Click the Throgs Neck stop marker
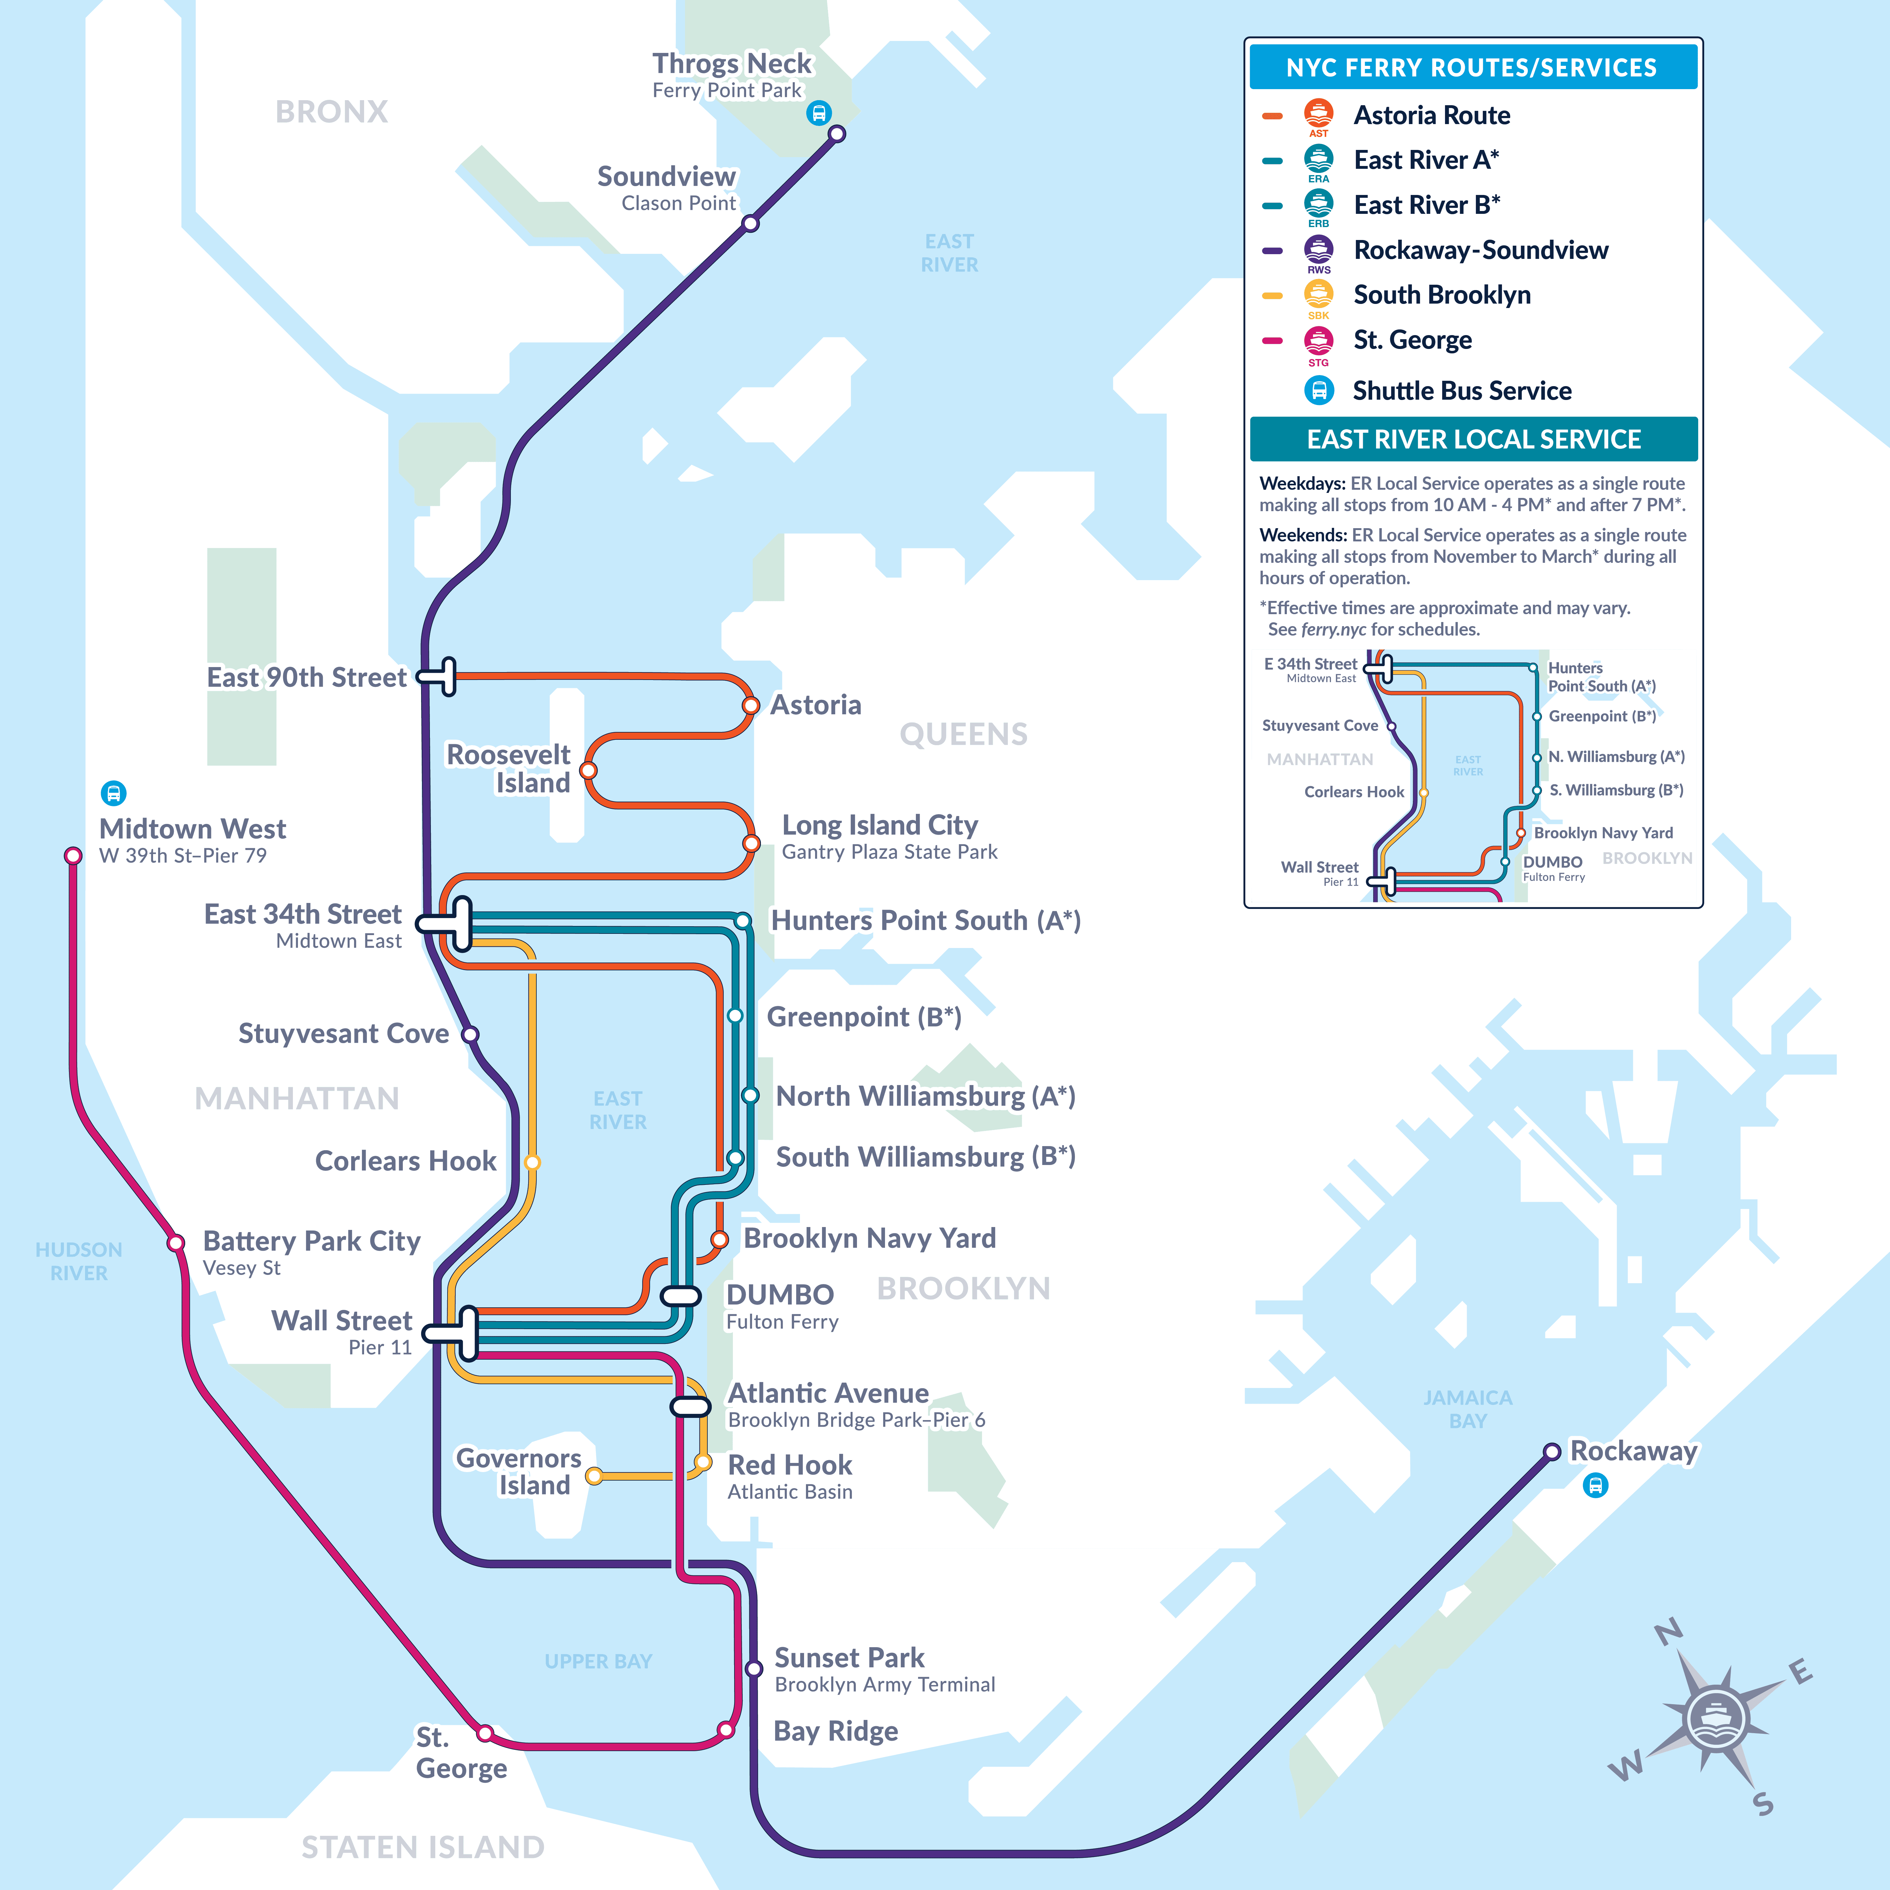point(837,134)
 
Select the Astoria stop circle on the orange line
point(750,705)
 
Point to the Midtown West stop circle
point(73,856)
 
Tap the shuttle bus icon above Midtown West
point(113,792)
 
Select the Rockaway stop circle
point(1551,1452)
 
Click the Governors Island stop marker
point(594,1476)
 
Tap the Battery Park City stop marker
point(176,1243)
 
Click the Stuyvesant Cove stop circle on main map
point(470,1034)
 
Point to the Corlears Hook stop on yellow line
point(532,1162)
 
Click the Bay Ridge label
point(836,1732)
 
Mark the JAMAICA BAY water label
point(1467,1409)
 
